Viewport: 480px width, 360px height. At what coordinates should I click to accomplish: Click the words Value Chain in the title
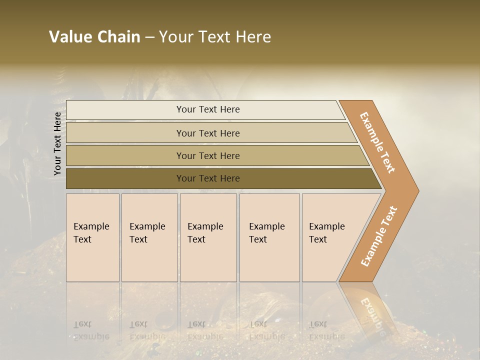pos(94,37)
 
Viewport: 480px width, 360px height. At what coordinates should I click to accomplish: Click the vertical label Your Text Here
pos(57,143)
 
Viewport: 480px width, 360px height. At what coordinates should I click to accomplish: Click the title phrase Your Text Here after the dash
pos(215,37)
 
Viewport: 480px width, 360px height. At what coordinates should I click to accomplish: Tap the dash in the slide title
pos(149,37)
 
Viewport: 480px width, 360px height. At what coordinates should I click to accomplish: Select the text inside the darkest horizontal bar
pos(208,178)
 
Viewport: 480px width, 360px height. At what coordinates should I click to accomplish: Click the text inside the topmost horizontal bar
pos(208,109)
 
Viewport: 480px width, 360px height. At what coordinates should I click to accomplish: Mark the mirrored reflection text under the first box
pos(91,330)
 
